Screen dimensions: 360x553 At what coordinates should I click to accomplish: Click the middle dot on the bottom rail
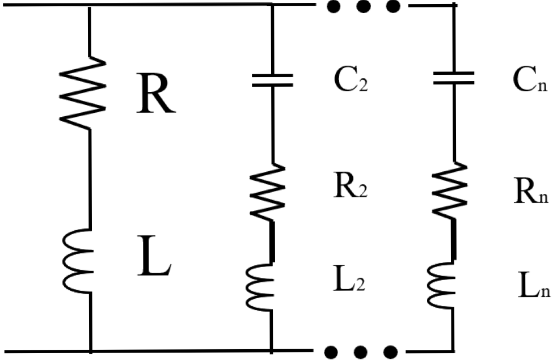click(361, 352)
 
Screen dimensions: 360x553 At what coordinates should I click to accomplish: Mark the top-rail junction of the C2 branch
click(272, 5)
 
